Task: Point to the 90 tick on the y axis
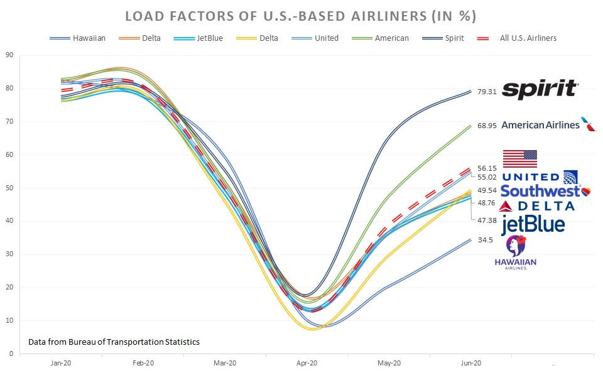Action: coord(10,55)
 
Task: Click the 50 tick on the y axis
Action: coord(10,188)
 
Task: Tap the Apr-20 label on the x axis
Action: coord(307,363)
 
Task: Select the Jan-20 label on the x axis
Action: coord(61,363)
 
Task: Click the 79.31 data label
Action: coord(487,92)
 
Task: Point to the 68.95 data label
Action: coord(487,126)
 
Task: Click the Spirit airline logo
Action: coord(540,89)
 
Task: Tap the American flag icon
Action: coord(520,158)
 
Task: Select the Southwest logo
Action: coord(546,191)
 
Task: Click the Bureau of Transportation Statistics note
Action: coord(114,342)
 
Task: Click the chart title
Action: coord(301,15)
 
